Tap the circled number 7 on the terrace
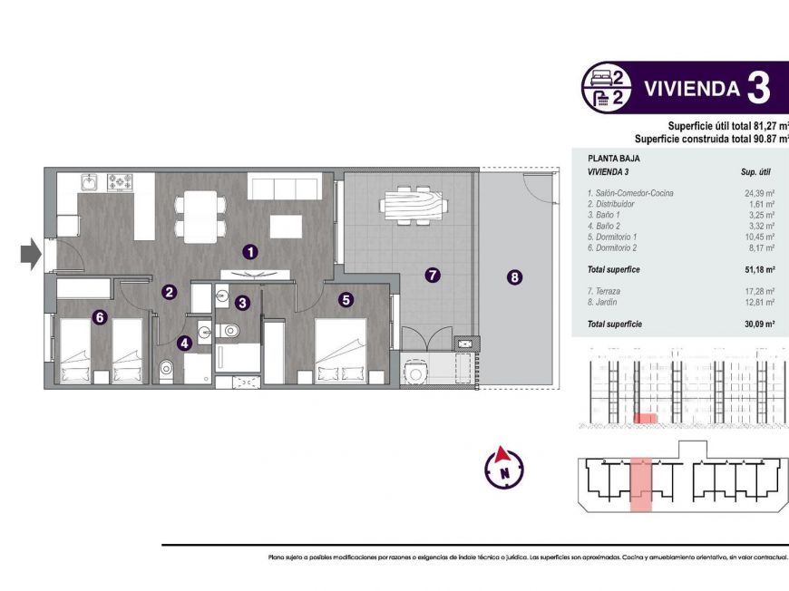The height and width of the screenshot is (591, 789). [433, 275]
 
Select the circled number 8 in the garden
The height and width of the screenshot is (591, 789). [514, 278]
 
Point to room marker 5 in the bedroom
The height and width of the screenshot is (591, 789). [346, 298]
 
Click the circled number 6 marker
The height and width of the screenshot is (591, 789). [100, 317]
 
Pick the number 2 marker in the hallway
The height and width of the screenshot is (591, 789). [169, 292]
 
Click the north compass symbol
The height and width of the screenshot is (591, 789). [502, 467]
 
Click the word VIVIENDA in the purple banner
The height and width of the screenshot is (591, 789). [690, 89]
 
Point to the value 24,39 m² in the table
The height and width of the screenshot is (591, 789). [758, 193]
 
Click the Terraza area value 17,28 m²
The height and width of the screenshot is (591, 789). [758, 292]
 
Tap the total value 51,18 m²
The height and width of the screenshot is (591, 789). [758, 269]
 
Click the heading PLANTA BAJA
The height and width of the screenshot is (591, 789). [613, 158]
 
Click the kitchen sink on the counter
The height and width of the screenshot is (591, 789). [89, 181]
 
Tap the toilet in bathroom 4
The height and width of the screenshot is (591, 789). [167, 370]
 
